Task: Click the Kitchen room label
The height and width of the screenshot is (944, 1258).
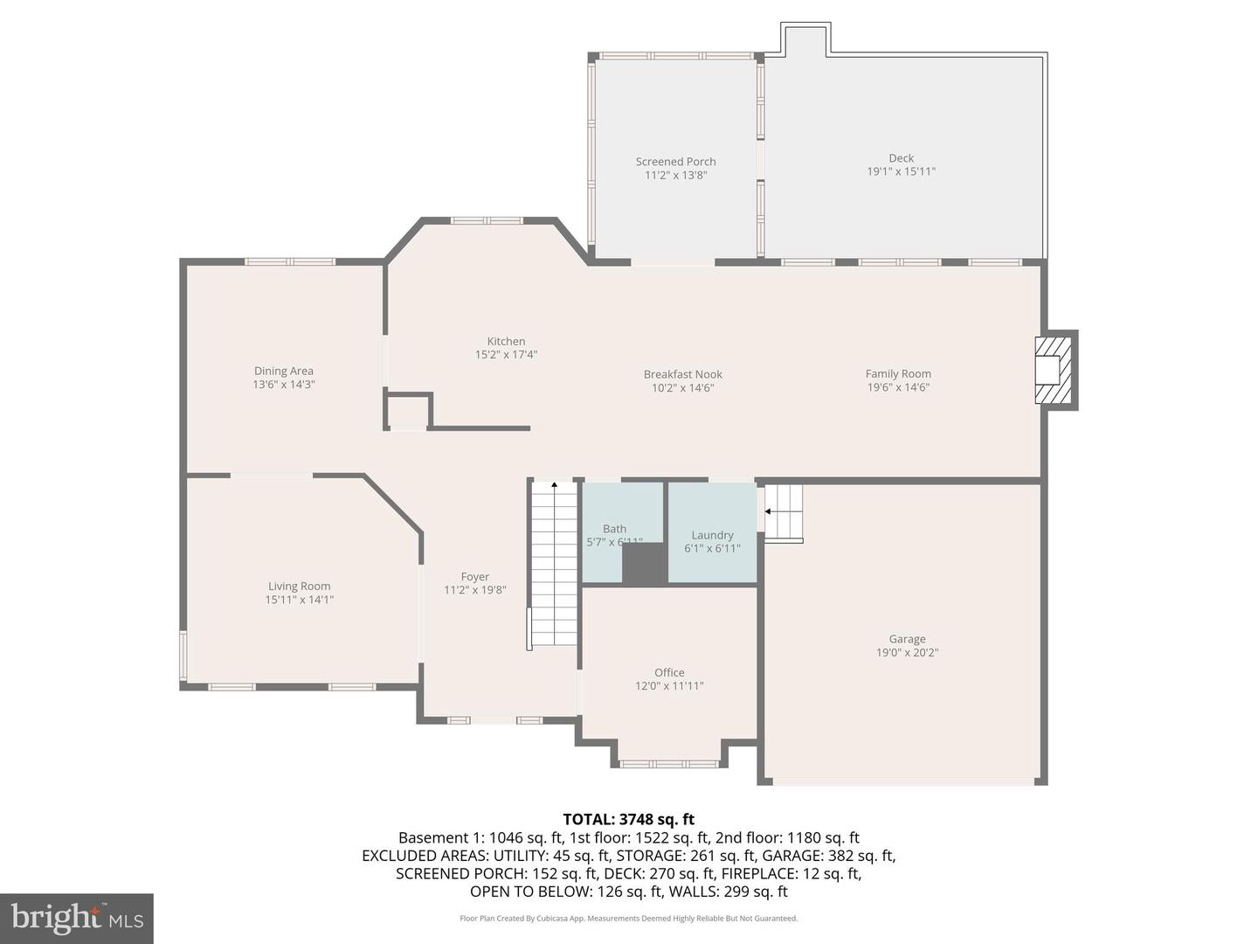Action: pyautogui.click(x=506, y=342)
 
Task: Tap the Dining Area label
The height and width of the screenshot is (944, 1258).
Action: pyautogui.click(x=283, y=371)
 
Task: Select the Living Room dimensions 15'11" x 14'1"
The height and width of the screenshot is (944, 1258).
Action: pyautogui.click(x=299, y=600)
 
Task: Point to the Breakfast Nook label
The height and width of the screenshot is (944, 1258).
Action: pyautogui.click(x=682, y=375)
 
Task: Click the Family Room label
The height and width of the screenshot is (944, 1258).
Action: pyautogui.click(x=898, y=374)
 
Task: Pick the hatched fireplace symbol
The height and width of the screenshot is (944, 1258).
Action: pyautogui.click(x=1054, y=371)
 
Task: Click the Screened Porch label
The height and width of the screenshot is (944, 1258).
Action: pyautogui.click(x=675, y=162)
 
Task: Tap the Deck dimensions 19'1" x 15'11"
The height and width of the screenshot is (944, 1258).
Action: pyautogui.click(x=901, y=171)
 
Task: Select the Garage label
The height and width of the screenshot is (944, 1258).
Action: pyautogui.click(x=907, y=639)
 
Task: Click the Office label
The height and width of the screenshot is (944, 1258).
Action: pyautogui.click(x=669, y=672)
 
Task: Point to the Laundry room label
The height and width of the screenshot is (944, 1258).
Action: pyautogui.click(x=712, y=535)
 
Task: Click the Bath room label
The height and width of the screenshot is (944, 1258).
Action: pyautogui.click(x=614, y=529)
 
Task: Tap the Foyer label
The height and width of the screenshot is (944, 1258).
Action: pyautogui.click(x=474, y=577)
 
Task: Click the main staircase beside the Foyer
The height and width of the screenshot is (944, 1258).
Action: pyautogui.click(x=555, y=564)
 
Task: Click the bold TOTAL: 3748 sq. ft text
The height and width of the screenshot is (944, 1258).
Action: pyautogui.click(x=628, y=819)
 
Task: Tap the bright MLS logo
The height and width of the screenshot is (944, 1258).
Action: pyautogui.click(x=77, y=919)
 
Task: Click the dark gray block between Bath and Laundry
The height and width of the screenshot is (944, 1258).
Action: pyautogui.click(x=645, y=564)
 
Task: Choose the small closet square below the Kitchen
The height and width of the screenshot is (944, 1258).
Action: pyautogui.click(x=408, y=411)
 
